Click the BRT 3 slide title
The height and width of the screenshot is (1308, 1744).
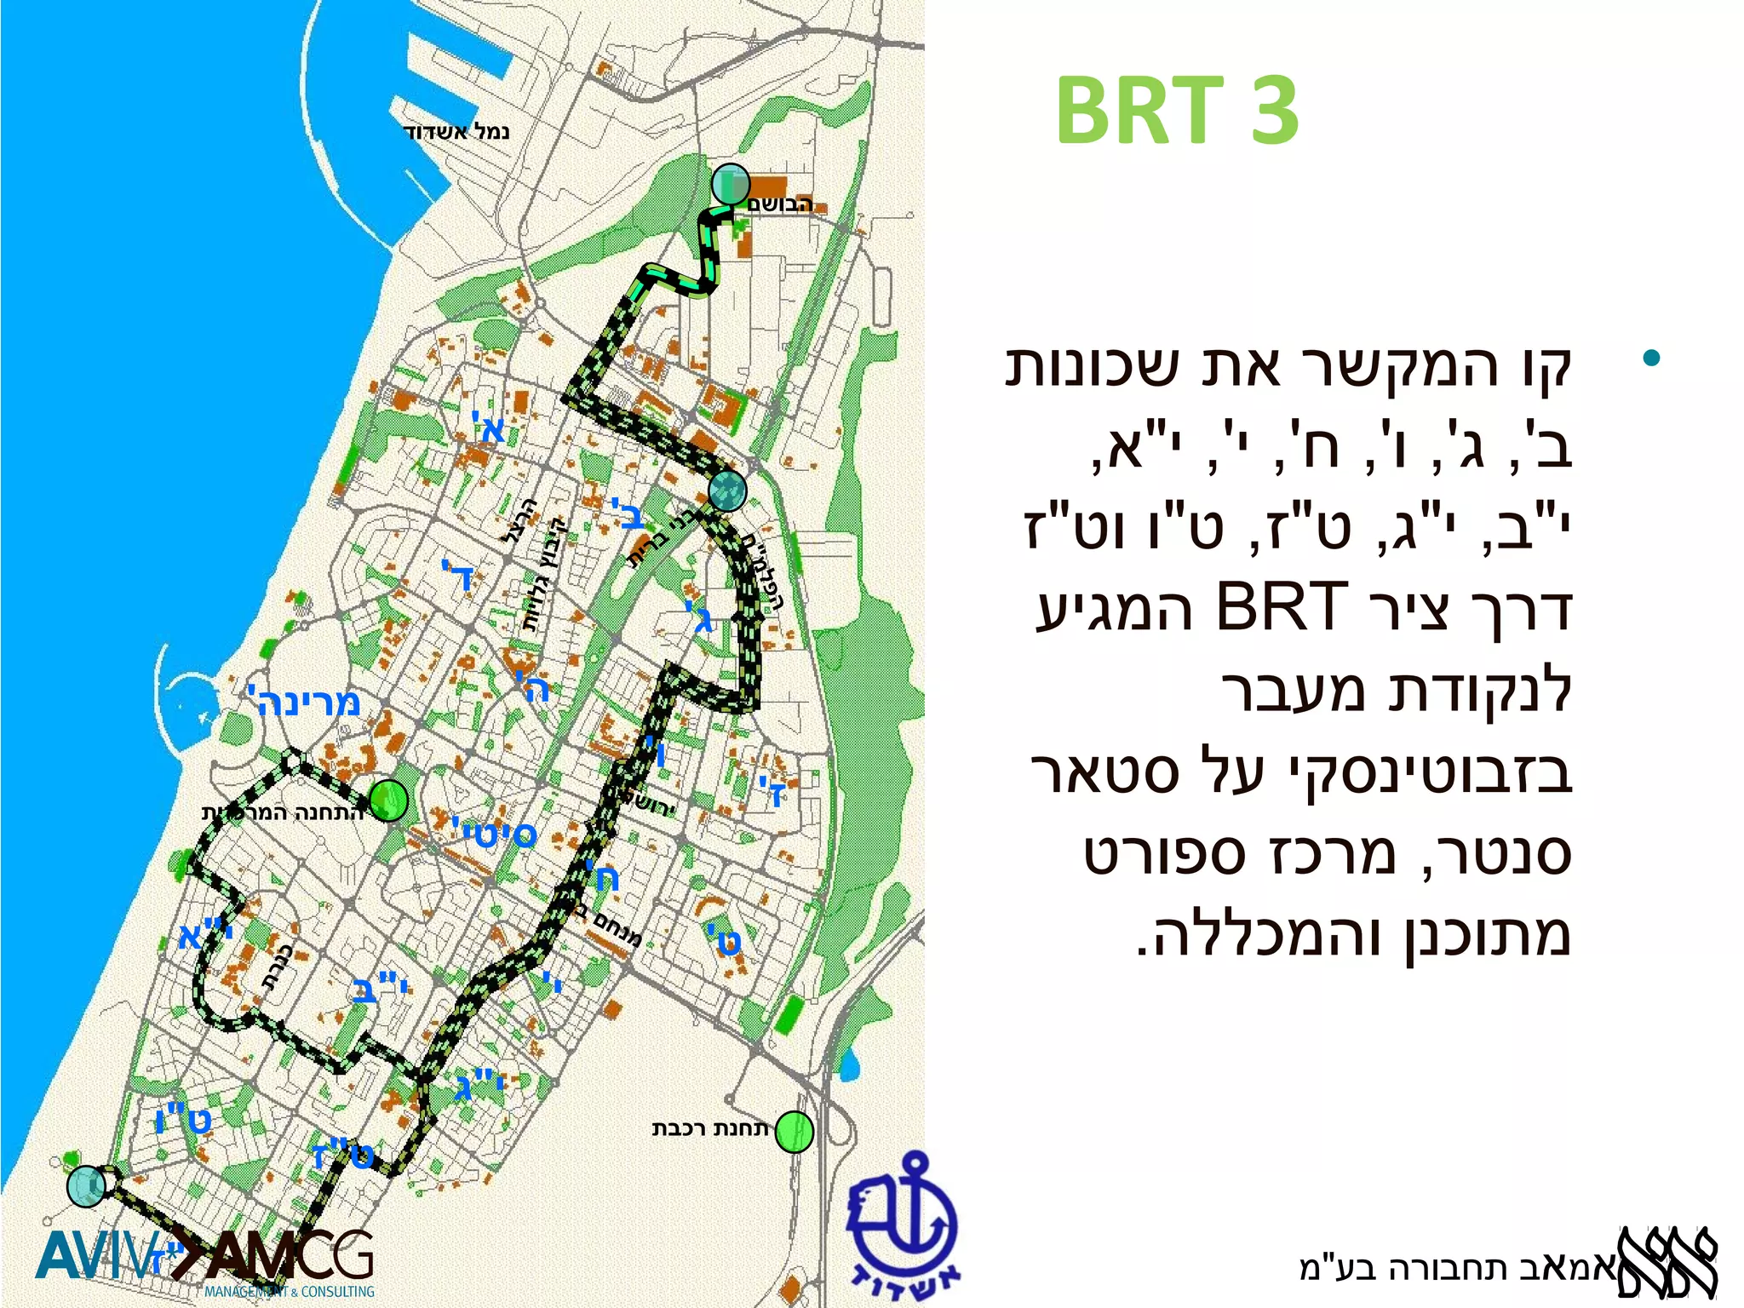click(x=1176, y=111)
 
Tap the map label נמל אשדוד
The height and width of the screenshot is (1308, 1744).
click(x=456, y=132)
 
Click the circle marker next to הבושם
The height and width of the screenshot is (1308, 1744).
click(x=730, y=183)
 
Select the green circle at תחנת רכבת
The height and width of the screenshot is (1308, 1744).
click(x=794, y=1132)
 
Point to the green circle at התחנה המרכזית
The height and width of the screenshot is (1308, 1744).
click(x=388, y=800)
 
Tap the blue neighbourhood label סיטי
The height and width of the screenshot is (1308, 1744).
click(x=494, y=834)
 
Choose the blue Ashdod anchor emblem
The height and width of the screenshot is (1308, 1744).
click(x=904, y=1227)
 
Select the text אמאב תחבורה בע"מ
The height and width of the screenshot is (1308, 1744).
click(x=1456, y=1268)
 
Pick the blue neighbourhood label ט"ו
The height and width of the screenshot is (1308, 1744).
click(x=183, y=1119)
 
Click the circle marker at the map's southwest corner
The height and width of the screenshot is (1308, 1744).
click(x=86, y=1185)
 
